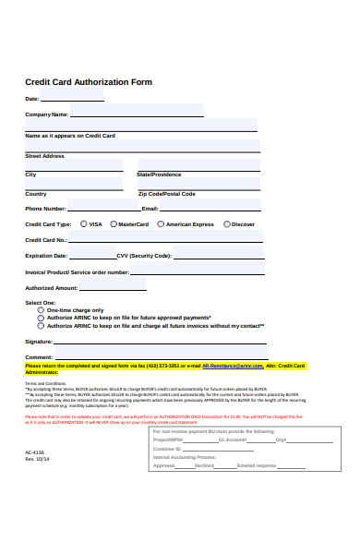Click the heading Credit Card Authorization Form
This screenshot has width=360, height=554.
click(x=89, y=82)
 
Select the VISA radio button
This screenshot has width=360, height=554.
click(x=85, y=223)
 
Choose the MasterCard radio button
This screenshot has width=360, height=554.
click(x=114, y=223)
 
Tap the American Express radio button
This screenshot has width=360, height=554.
click(x=161, y=223)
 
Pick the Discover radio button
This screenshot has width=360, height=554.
click(x=226, y=223)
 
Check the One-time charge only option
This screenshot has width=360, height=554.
click(x=40, y=310)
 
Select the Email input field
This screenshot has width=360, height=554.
click(x=211, y=208)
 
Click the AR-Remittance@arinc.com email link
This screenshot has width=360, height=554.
click(x=239, y=366)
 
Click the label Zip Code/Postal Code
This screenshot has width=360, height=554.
click(x=166, y=194)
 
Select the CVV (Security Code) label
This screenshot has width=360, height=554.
click(x=144, y=256)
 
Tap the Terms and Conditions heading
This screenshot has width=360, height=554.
click(x=45, y=382)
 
